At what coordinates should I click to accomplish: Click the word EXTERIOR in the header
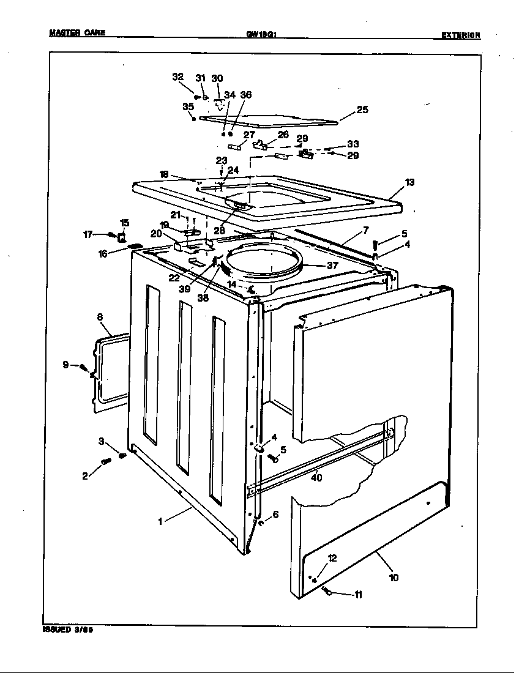[460, 35]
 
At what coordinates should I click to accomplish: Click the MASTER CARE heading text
[77, 33]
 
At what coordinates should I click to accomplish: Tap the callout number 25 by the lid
[362, 110]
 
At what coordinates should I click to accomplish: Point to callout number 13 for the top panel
[409, 182]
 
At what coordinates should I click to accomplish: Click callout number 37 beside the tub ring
[332, 266]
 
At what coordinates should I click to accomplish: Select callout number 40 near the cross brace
[316, 478]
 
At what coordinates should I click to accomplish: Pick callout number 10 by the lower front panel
[394, 577]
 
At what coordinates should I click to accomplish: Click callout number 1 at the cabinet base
[160, 521]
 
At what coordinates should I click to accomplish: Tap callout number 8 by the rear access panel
[100, 317]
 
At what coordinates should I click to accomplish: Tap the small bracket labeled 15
[122, 236]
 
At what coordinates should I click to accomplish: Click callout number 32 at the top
[177, 77]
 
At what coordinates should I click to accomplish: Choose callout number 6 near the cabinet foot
[275, 515]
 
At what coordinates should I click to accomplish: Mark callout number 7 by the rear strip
[365, 229]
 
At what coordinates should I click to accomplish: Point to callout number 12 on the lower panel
[332, 558]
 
